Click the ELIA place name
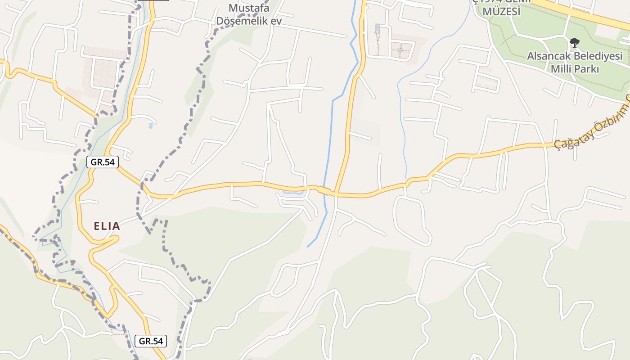(x=107, y=226)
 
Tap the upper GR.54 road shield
(x=103, y=162)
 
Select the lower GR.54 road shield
(x=151, y=341)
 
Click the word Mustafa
(x=249, y=8)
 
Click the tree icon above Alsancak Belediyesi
(x=574, y=43)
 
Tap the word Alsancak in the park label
(x=549, y=57)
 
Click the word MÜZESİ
(x=501, y=12)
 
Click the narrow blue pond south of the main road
(x=292, y=193)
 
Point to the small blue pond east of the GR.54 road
(x=150, y=126)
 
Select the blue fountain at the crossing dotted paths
(x=400, y=50)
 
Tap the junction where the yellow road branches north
(x=335, y=193)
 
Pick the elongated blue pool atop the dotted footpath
(x=377, y=29)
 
